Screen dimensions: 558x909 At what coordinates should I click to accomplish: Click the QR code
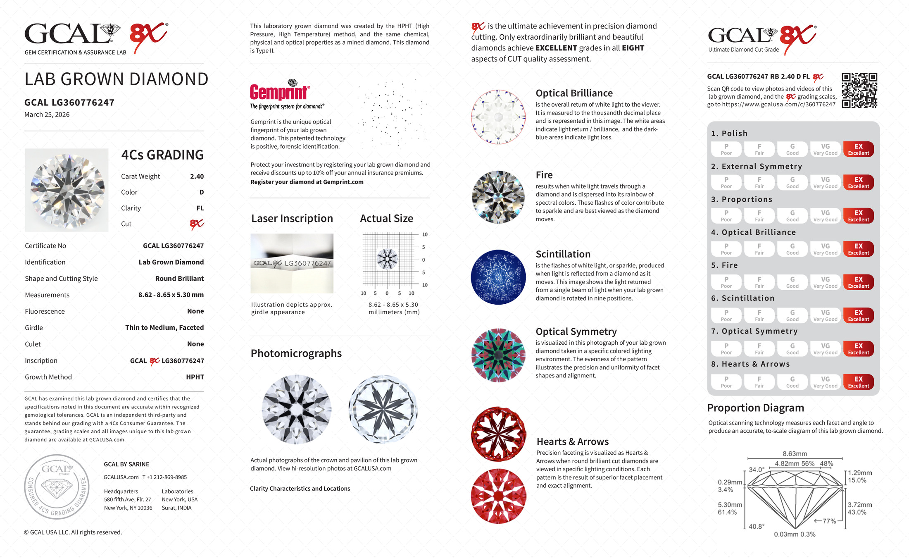click(x=859, y=90)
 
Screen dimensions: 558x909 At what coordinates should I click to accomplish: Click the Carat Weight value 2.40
click(x=197, y=176)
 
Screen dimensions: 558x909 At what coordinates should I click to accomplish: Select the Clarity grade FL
click(x=200, y=208)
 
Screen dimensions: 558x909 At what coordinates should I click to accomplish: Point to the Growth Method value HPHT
click(x=195, y=377)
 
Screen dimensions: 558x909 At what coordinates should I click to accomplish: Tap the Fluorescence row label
click(x=45, y=311)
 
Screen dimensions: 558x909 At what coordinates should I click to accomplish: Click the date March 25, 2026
click(x=47, y=114)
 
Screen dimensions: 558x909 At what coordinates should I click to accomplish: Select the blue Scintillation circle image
click(x=498, y=277)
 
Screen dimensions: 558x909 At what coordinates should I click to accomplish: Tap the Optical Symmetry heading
click(x=576, y=331)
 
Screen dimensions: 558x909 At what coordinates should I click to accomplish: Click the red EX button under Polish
click(x=858, y=149)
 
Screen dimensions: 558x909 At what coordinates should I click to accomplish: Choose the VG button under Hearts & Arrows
click(x=825, y=382)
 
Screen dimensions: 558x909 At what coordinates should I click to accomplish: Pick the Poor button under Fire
click(x=726, y=282)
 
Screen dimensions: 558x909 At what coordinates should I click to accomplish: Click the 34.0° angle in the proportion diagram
click(x=757, y=470)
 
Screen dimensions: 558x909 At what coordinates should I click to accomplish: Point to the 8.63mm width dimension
click(x=795, y=454)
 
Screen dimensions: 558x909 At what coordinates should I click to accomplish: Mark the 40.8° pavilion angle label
click(x=757, y=526)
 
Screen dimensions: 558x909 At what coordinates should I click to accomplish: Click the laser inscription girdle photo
click(x=292, y=263)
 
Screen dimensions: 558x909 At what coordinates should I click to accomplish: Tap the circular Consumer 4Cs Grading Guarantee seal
click(x=57, y=487)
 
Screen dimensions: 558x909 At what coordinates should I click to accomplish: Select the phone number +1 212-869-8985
click(x=165, y=477)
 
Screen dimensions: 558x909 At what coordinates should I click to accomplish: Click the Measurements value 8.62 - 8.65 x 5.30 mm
click(x=171, y=295)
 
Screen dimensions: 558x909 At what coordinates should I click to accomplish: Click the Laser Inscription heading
click(x=292, y=218)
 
